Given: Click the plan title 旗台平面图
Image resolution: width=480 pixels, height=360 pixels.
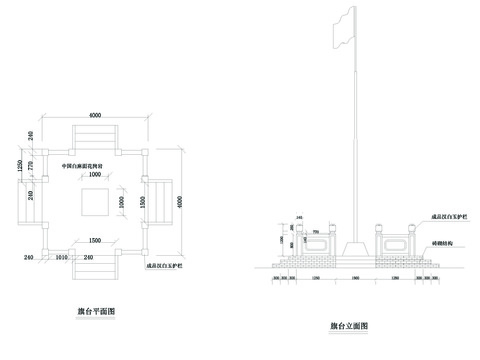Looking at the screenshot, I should pyautogui.click(x=97, y=312).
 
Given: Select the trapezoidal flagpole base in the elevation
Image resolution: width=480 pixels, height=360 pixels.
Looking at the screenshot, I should pyautogui.click(x=353, y=246).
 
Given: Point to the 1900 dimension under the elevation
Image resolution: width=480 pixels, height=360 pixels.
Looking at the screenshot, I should pyautogui.click(x=353, y=278).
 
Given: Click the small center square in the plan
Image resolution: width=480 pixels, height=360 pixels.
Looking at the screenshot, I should pyautogui.click(x=96, y=200).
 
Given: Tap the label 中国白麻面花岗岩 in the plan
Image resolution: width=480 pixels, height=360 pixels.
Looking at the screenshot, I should pyautogui.click(x=89, y=165).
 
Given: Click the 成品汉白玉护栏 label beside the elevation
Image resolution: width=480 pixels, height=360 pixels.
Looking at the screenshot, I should pyautogui.click(x=445, y=215).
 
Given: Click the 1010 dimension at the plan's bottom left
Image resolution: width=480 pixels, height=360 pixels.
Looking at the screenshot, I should pyautogui.click(x=61, y=257).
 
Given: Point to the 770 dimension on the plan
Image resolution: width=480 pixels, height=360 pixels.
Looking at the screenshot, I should pyautogui.click(x=32, y=164).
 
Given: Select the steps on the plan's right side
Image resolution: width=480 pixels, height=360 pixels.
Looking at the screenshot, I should pyautogui.click(x=159, y=199).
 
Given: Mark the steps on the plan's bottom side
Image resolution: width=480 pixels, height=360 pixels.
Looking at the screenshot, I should pyautogui.click(x=96, y=262).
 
